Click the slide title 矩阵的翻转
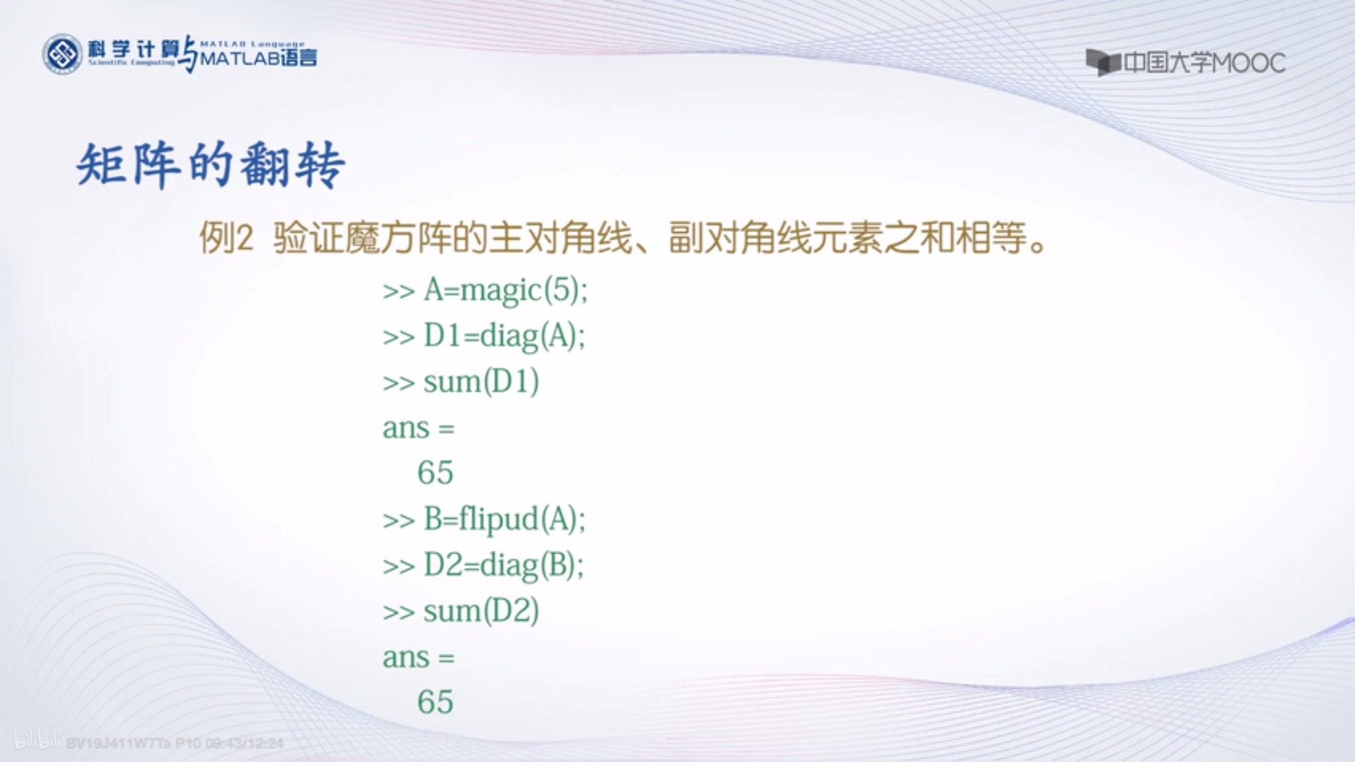coord(210,165)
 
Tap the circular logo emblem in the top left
coord(62,54)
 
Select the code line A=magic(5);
coord(505,290)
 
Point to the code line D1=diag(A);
coord(504,336)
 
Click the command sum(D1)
coord(481,382)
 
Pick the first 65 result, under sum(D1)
coord(435,472)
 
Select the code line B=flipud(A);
coord(504,519)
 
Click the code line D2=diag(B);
coord(503,565)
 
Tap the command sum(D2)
coord(481,611)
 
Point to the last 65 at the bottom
coord(435,702)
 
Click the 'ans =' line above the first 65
coord(418,428)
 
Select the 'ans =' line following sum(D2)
coord(418,657)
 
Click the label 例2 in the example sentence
coord(226,238)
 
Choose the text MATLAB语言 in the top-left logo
coord(258,59)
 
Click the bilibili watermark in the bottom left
coord(38,741)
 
